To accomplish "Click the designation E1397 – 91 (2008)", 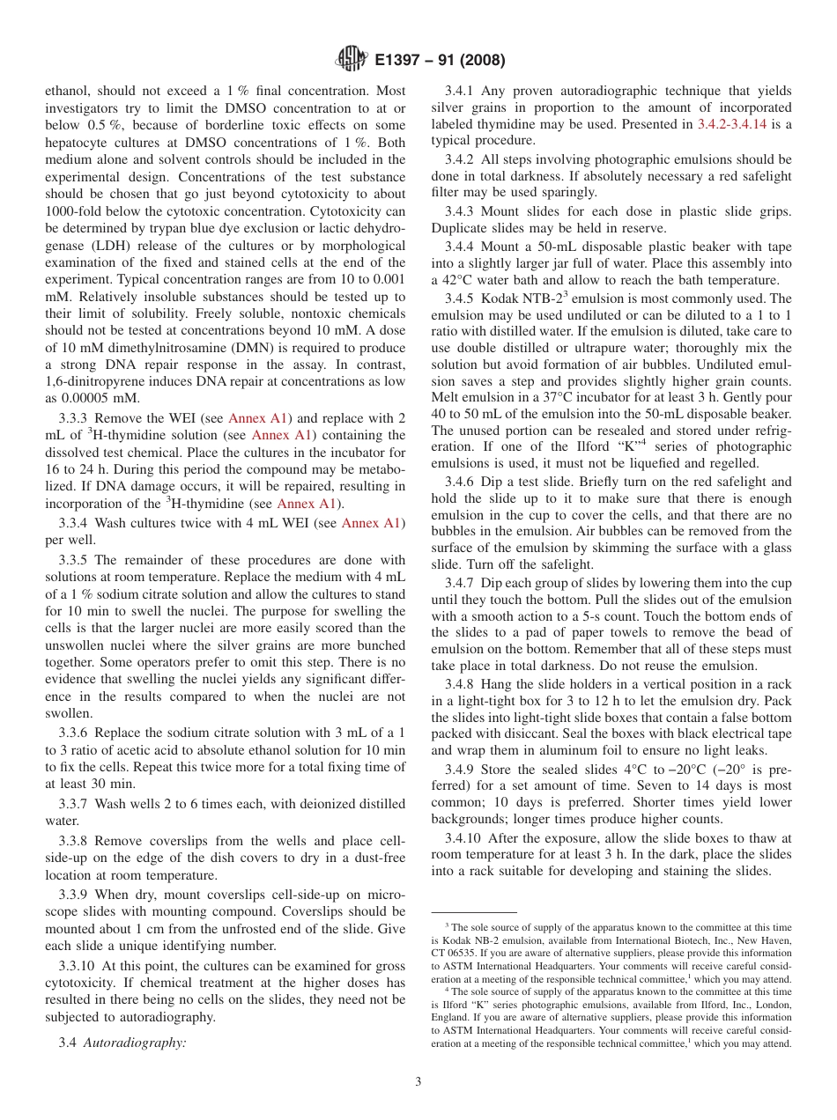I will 439,61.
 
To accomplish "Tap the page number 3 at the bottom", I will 418,1081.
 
